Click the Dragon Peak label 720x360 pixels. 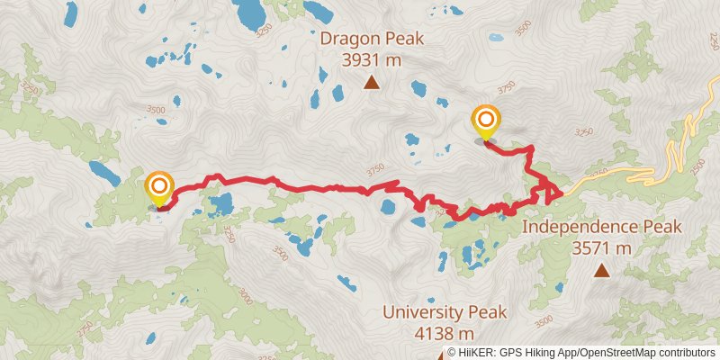371,39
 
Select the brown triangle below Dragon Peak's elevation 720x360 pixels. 371,84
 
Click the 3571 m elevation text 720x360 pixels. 601,248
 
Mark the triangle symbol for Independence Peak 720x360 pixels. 601,270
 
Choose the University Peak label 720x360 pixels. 445,312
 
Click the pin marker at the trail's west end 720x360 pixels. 159,188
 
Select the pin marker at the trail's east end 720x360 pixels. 486,122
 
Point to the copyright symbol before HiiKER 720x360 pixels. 452,353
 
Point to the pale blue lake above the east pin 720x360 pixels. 496,38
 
